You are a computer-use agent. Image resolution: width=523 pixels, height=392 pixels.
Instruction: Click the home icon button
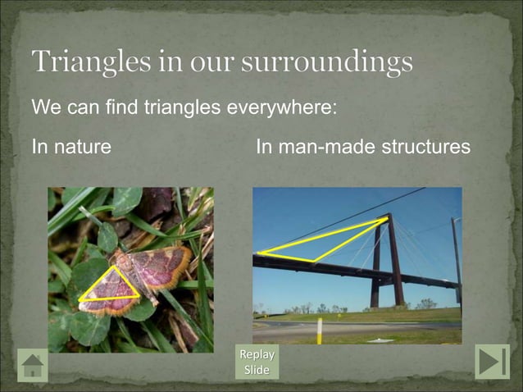(33, 364)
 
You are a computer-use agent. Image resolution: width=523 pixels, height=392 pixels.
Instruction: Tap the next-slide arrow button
(492, 362)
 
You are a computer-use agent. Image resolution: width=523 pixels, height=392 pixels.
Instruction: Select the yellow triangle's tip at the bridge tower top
(386, 218)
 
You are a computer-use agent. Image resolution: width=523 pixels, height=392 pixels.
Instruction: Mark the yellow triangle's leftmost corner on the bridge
(258, 253)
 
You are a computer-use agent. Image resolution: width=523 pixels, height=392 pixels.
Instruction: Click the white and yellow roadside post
(318, 330)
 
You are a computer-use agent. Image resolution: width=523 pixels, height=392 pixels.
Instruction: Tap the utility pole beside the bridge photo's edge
(456, 262)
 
